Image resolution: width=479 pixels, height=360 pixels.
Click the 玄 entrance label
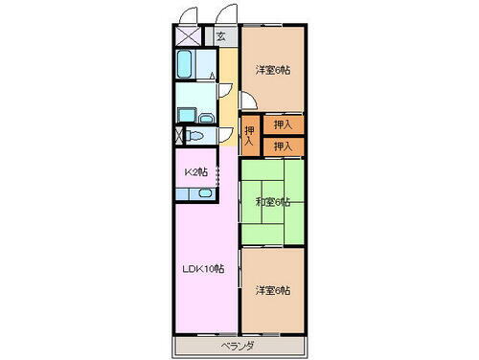click(220, 37)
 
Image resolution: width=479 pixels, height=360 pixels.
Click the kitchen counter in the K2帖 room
click(196, 194)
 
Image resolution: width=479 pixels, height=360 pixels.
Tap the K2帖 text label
click(195, 172)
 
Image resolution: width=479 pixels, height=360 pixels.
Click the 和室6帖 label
click(273, 202)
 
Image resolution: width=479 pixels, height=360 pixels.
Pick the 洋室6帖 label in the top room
click(273, 71)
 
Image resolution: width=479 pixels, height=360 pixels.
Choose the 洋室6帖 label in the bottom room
click(273, 290)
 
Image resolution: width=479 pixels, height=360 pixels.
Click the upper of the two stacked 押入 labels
click(283, 124)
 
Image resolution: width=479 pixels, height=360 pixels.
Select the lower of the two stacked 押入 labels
click(283, 146)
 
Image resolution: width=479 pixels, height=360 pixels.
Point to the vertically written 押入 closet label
click(249, 136)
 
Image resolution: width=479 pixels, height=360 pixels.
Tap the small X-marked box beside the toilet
click(178, 136)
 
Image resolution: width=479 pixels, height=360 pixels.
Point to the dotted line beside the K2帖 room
click(219, 177)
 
